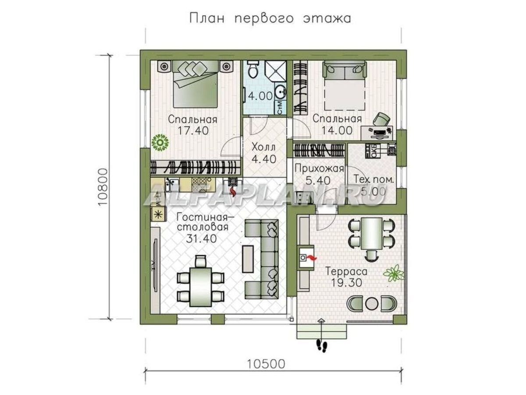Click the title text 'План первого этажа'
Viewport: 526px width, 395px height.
click(x=270, y=18)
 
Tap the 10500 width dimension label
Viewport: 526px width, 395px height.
click(x=266, y=363)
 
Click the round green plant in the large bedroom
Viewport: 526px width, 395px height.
click(x=160, y=143)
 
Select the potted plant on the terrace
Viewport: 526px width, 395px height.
click(x=393, y=273)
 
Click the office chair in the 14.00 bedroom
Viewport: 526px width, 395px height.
click(x=382, y=119)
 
